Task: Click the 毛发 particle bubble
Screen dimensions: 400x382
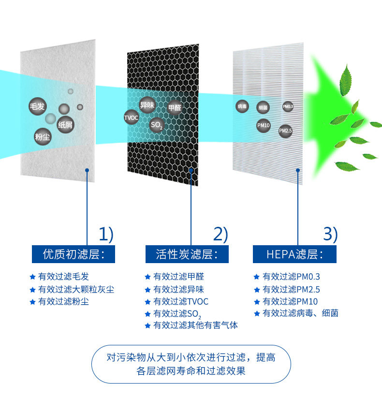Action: click(37, 106)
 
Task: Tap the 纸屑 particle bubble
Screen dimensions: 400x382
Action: click(65, 125)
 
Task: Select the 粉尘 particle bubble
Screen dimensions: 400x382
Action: click(43, 137)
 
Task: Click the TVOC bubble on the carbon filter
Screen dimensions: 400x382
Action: click(131, 117)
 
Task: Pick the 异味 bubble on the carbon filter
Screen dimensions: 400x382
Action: click(147, 104)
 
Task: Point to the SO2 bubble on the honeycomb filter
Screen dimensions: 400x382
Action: click(157, 126)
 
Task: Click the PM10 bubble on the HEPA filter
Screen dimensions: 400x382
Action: click(263, 125)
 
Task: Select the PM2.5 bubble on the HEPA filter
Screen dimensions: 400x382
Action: click(285, 131)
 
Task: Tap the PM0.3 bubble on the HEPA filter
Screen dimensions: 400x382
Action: click(288, 106)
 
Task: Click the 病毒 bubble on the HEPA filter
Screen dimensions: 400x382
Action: click(242, 106)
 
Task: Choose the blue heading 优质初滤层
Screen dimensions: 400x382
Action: click(73, 254)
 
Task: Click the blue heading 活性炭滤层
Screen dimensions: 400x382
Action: click(187, 254)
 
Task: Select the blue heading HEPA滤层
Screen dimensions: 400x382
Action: click(294, 254)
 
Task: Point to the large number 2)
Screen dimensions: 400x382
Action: click(220, 235)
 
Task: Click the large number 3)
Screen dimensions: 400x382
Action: click(330, 235)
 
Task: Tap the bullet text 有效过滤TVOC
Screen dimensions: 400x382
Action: click(181, 302)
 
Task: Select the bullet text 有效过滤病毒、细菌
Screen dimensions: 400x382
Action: click(300, 313)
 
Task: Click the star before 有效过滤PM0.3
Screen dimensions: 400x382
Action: click(256, 277)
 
